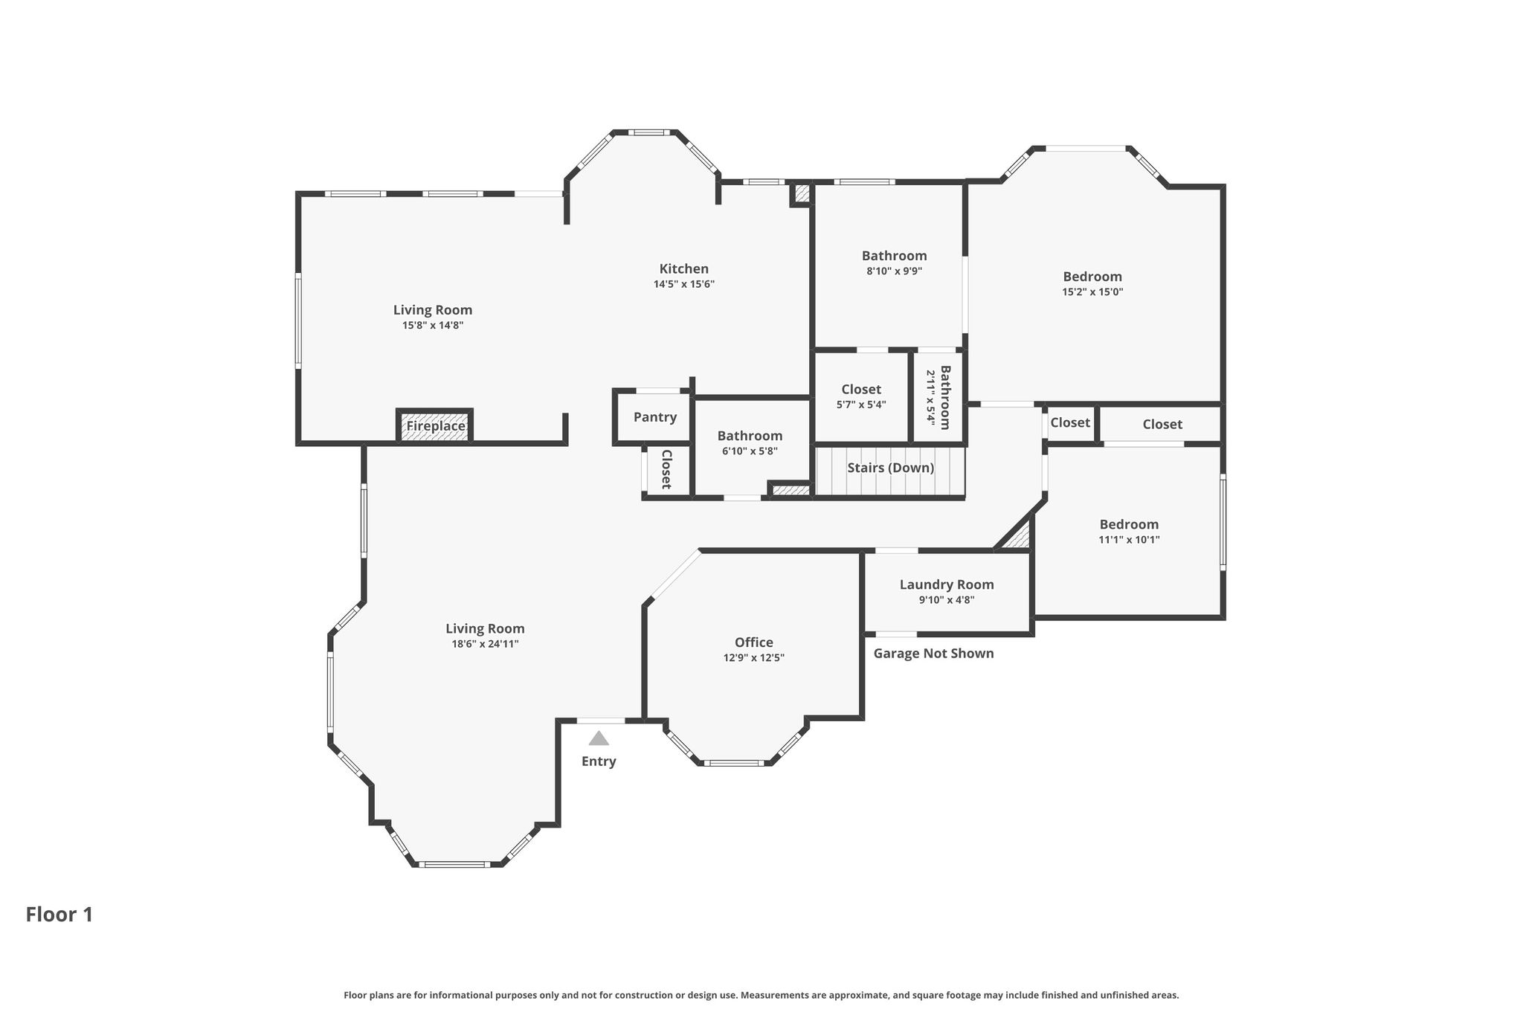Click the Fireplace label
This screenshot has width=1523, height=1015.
pyautogui.click(x=436, y=426)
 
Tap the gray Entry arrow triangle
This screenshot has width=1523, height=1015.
pyautogui.click(x=599, y=738)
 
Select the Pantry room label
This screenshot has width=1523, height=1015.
pyautogui.click(x=655, y=417)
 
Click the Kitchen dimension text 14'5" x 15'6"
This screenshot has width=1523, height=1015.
pyautogui.click(x=684, y=284)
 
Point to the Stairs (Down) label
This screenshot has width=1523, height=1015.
pyautogui.click(x=891, y=468)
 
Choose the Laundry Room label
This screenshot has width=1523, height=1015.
pyautogui.click(x=947, y=584)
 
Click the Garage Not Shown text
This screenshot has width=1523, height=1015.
pyautogui.click(x=933, y=653)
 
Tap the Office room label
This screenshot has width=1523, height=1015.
pyautogui.click(x=754, y=642)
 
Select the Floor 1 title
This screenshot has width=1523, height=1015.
pyautogui.click(x=59, y=915)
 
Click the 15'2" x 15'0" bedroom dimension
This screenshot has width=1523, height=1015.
pyautogui.click(x=1092, y=292)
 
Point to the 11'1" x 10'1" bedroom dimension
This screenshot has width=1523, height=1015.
pyautogui.click(x=1129, y=540)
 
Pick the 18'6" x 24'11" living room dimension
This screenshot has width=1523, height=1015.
pyautogui.click(x=485, y=644)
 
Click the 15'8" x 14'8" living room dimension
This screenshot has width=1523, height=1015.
pyautogui.click(x=433, y=325)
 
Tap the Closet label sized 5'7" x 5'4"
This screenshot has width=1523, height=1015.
pyautogui.click(x=861, y=389)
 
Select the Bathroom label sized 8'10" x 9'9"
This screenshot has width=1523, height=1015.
pyautogui.click(x=895, y=256)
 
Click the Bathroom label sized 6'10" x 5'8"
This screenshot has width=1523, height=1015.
pyautogui.click(x=750, y=436)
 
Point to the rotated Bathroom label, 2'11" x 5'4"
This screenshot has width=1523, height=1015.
pyautogui.click(x=945, y=397)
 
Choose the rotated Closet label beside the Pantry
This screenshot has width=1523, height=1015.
pyautogui.click(x=666, y=469)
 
